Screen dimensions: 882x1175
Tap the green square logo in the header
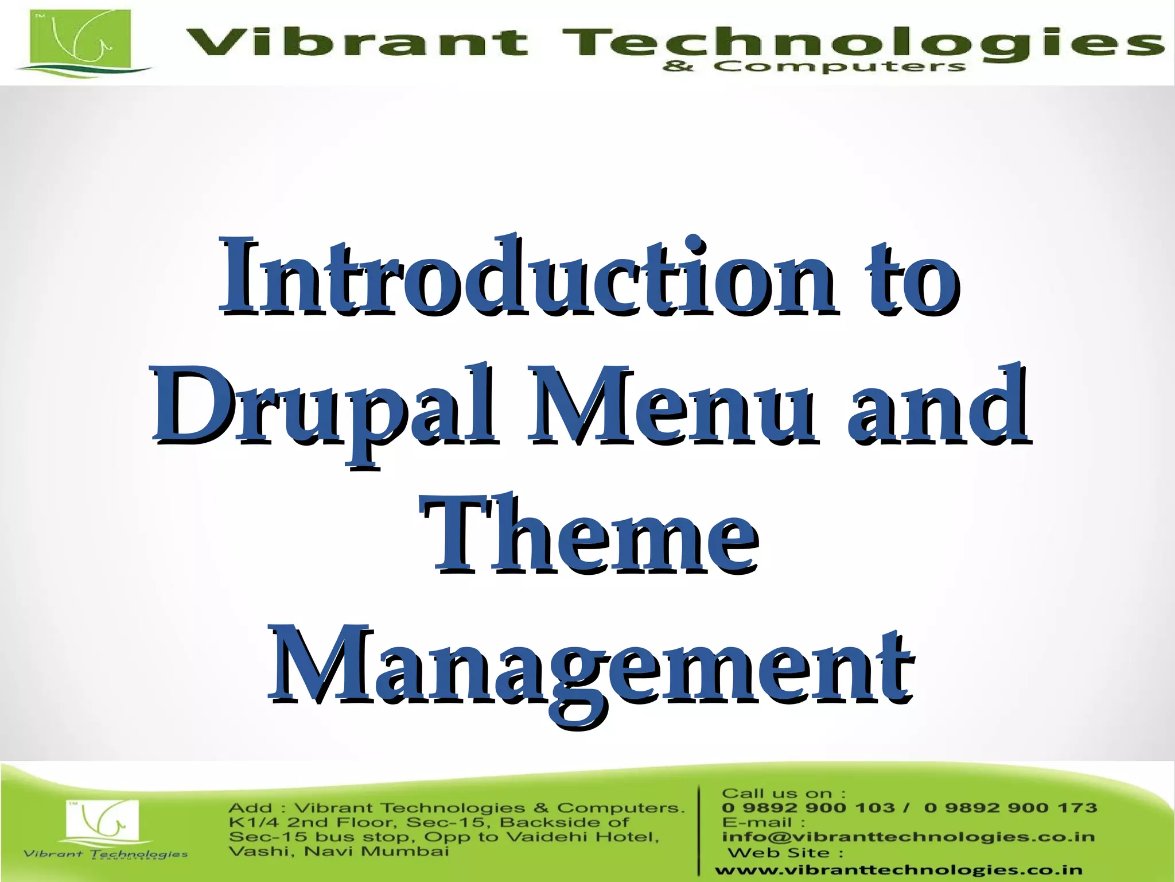pos(80,39)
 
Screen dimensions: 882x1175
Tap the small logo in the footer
pos(103,821)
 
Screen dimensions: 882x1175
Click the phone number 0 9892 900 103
pos(808,808)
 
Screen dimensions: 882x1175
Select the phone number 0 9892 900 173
pos(1010,808)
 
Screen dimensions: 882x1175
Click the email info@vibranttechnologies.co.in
pos(908,837)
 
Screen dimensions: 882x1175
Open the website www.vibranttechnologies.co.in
pos(898,871)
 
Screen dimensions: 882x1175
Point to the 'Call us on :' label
pos(783,794)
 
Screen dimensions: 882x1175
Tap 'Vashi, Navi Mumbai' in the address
pos(339,851)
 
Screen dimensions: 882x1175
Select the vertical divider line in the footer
pos(699,830)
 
